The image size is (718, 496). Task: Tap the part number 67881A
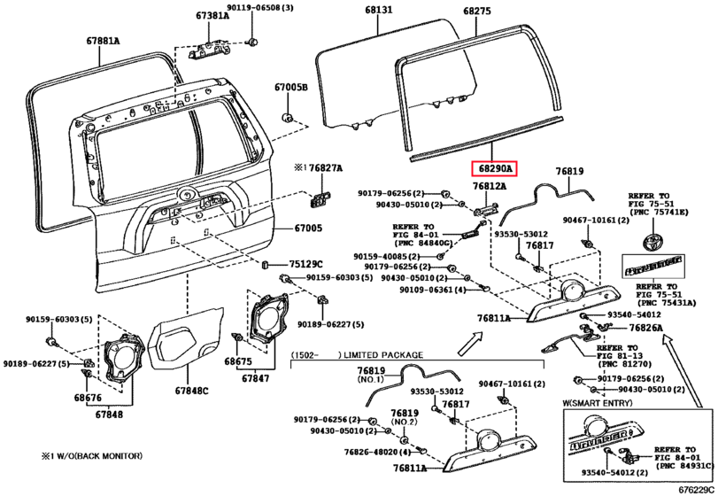pyautogui.click(x=103, y=41)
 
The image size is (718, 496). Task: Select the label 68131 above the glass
pyautogui.click(x=377, y=11)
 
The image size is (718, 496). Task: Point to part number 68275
pyautogui.click(x=476, y=11)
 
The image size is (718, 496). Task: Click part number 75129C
pyautogui.click(x=306, y=264)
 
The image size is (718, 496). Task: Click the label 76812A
pyautogui.click(x=489, y=187)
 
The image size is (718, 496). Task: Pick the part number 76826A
pyautogui.click(x=645, y=328)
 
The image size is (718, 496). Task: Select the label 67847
pyautogui.click(x=257, y=378)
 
